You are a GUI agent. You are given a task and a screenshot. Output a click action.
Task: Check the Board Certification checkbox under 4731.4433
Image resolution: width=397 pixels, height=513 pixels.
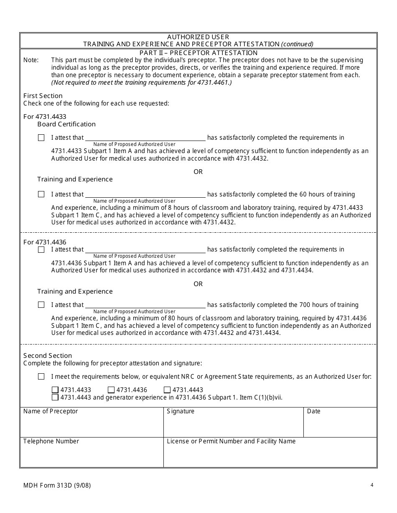[x=41, y=138]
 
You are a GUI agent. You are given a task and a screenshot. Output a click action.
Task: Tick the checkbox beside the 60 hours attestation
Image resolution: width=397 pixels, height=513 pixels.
[x=41, y=194]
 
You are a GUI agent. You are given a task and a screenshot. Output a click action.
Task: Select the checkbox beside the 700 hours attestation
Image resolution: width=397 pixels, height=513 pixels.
[x=41, y=305]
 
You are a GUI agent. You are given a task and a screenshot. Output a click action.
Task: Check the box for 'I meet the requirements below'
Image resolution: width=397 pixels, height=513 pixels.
[x=41, y=377]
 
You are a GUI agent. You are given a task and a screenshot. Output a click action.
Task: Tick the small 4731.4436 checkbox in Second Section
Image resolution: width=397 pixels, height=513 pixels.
[x=111, y=390]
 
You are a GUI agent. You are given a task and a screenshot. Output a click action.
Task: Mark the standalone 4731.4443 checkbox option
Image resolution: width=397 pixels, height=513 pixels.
[x=167, y=390]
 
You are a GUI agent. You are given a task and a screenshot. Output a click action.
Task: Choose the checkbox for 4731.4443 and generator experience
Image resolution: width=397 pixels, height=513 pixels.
[x=55, y=397]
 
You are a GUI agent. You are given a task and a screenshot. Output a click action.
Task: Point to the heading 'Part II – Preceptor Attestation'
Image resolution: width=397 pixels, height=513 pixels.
[x=198, y=53]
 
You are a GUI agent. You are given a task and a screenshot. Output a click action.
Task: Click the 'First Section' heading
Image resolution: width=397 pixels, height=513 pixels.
[x=43, y=96]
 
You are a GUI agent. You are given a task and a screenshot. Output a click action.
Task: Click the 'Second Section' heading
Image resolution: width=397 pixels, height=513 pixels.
[x=48, y=356]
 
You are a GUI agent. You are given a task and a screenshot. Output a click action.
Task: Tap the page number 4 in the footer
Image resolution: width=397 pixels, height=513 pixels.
[x=372, y=485]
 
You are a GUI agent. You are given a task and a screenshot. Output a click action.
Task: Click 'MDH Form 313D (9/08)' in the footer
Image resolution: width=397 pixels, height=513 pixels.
[x=57, y=485]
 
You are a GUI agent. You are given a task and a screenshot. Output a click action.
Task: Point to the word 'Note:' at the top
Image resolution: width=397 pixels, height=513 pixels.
[x=31, y=60]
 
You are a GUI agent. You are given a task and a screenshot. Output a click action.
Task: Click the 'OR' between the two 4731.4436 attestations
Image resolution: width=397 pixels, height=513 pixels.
[x=198, y=284]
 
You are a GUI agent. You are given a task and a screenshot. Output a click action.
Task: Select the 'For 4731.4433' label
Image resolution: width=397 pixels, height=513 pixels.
[x=45, y=117]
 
